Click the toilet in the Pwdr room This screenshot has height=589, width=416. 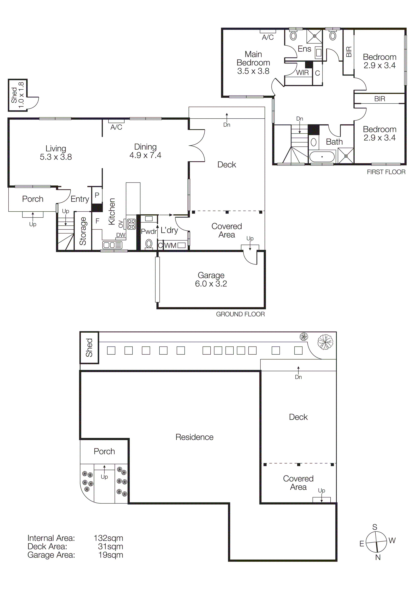point(149,244)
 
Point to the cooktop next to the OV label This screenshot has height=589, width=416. point(131,224)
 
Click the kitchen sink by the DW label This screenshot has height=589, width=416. point(112,245)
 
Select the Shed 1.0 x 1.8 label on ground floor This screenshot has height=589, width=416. point(17,95)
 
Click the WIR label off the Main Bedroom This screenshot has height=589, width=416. point(302,73)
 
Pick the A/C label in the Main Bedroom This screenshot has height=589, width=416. point(268,37)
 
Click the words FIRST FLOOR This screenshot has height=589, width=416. point(386,172)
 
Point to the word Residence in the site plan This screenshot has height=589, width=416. point(194,437)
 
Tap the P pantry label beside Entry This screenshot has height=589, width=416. point(97,195)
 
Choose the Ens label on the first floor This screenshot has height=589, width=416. point(304,49)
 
